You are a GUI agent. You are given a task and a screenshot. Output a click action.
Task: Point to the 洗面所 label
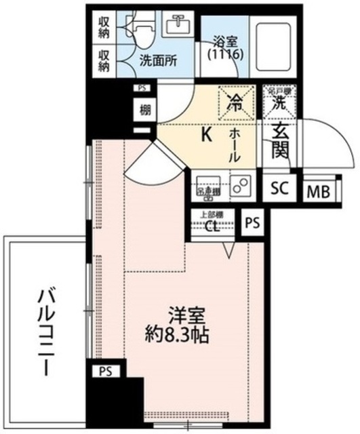click(159, 59)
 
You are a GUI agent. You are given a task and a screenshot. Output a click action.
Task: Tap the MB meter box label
click(317, 192)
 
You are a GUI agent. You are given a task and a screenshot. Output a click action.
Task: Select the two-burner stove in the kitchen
click(241, 185)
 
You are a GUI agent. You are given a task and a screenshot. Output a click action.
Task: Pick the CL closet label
click(212, 226)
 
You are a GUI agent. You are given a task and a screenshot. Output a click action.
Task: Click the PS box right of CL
click(252, 222)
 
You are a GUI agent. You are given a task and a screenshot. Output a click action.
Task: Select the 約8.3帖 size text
click(179, 334)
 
